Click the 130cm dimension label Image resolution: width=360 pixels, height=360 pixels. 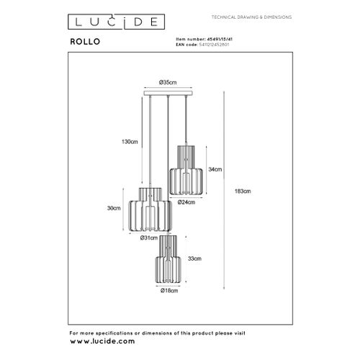(x=129, y=141)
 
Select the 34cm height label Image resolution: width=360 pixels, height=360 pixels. (x=215, y=169)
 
